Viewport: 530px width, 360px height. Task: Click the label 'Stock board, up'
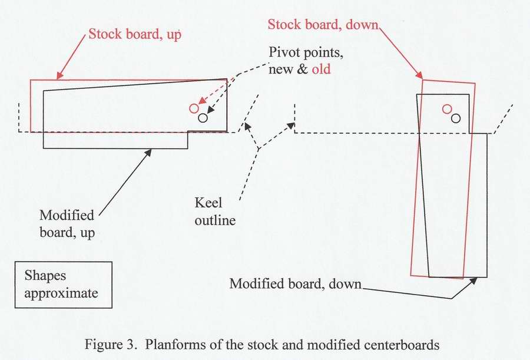tap(134, 34)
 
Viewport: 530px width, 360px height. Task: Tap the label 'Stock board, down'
tap(323, 25)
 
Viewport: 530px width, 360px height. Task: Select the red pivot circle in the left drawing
tap(194, 108)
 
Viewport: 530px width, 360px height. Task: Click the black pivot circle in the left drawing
tap(203, 118)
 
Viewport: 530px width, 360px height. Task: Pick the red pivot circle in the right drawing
tap(447, 108)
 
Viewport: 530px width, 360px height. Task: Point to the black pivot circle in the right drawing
tap(456, 118)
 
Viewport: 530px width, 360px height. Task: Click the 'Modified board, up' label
tap(68, 223)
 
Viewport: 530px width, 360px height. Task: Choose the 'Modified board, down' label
tap(295, 283)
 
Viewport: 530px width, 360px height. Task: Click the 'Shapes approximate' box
tap(63, 284)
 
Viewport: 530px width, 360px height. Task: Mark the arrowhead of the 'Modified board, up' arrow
tap(150, 151)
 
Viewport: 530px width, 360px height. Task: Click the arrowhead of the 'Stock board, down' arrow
tap(420, 77)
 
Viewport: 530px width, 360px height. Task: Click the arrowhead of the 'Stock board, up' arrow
tap(58, 77)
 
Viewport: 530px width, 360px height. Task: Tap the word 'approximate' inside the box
tap(61, 292)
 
